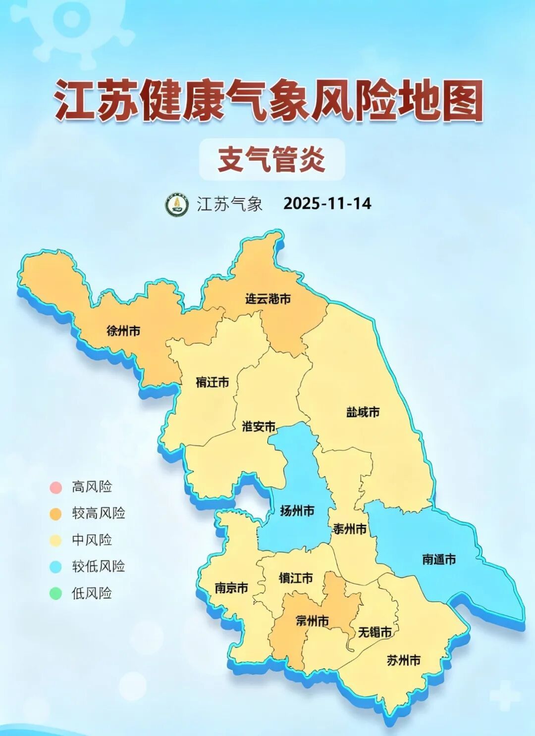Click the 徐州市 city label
(x=123, y=331)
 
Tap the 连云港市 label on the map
(x=268, y=298)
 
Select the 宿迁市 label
(x=212, y=382)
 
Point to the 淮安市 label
(x=259, y=426)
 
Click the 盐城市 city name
(x=363, y=412)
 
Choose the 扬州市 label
(x=297, y=510)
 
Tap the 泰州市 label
(x=350, y=529)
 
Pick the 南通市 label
(x=439, y=559)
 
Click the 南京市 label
(x=231, y=588)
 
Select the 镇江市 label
(x=296, y=578)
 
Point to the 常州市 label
(x=312, y=620)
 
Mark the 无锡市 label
(x=374, y=632)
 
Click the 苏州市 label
(x=404, y=660)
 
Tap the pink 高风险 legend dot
(x=55, y=487)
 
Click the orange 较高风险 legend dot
(x=55, y=514)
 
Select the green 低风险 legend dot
(x=55, y=593)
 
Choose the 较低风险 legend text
(x=99, y=566)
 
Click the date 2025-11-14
(x=327, y=203)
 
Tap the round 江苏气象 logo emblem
(x=177, y=204)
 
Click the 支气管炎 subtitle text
(x=271, y=159)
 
